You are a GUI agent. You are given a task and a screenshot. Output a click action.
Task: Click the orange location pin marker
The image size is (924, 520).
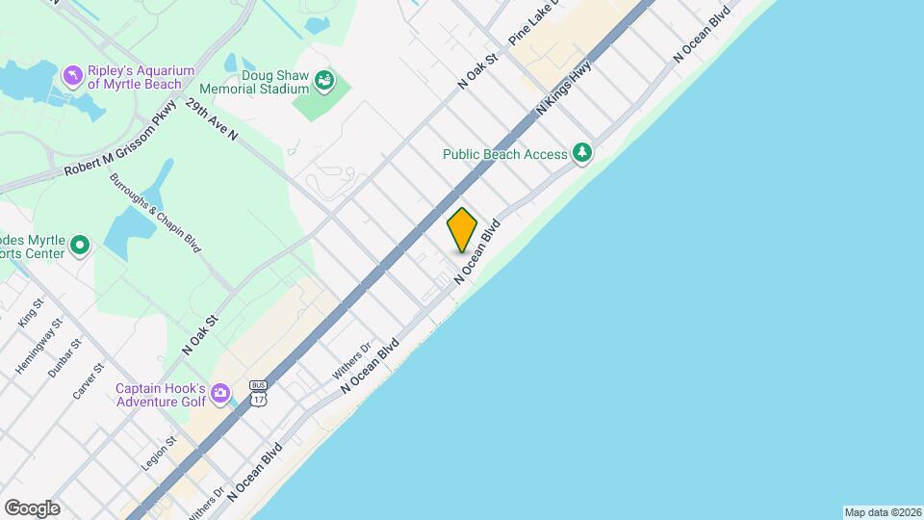pyautogui.click(x=462, y=230)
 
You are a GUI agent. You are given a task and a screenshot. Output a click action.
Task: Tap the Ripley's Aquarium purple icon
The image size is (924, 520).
pyautogui.click(x=72, y=75)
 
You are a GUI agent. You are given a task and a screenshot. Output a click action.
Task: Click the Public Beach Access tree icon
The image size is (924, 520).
pyautogui.click(x=581, y=152)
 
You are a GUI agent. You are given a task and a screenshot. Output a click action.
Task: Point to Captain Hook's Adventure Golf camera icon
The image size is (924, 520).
pyautogui.click(x=220, y=392)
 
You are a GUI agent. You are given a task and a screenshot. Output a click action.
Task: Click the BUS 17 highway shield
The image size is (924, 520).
pyautogui.click(x=258, y=392)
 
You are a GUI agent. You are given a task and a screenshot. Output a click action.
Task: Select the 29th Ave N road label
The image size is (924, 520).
pyautogui.click(x=212, y=119)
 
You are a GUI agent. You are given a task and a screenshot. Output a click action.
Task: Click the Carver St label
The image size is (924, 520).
pyautogui.click(x=88, y=381)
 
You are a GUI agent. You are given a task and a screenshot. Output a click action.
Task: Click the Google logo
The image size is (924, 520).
pyautogui.click(x=32, y=508)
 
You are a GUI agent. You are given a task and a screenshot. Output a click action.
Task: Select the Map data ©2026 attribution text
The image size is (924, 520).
pyautogui.click(x=881, y=512)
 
